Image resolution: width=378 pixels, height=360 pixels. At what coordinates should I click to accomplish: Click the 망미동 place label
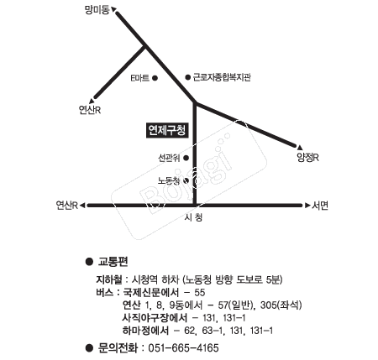point(97,10)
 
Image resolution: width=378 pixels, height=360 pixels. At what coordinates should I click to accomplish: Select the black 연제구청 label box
point(167,130)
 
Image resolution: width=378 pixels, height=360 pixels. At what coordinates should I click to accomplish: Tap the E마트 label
point(140,78)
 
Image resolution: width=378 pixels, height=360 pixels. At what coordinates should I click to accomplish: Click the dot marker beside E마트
point(155,78)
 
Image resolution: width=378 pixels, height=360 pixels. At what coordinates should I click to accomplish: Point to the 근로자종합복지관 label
point(222,77)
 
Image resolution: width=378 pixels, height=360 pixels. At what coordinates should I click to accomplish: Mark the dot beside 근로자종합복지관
point(187,77)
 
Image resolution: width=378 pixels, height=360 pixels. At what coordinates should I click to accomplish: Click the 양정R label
point(307,158)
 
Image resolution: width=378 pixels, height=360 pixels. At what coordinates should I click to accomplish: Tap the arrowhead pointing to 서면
point(307,206)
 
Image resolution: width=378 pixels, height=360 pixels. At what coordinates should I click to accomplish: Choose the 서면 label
point(320,206)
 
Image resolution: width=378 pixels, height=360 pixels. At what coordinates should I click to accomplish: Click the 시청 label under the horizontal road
point(193,217)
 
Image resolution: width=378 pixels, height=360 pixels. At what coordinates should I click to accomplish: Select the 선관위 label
point(169,158)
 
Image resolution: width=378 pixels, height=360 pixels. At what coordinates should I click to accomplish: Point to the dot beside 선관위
point(186,158)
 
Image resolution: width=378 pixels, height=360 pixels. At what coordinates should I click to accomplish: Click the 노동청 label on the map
point(169,180)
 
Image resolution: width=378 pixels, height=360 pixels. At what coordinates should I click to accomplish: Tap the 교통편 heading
point(113,262)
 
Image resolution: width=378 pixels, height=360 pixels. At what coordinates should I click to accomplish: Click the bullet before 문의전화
point(89,348)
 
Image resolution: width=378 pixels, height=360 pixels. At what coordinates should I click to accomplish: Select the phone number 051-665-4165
point(183,348)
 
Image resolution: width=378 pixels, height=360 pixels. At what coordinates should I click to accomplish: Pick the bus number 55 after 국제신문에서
point(200,293)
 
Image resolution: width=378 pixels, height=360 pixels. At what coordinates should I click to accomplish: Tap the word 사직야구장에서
point(155,318)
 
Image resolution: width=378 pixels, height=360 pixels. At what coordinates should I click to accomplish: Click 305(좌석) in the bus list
point(281,305)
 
